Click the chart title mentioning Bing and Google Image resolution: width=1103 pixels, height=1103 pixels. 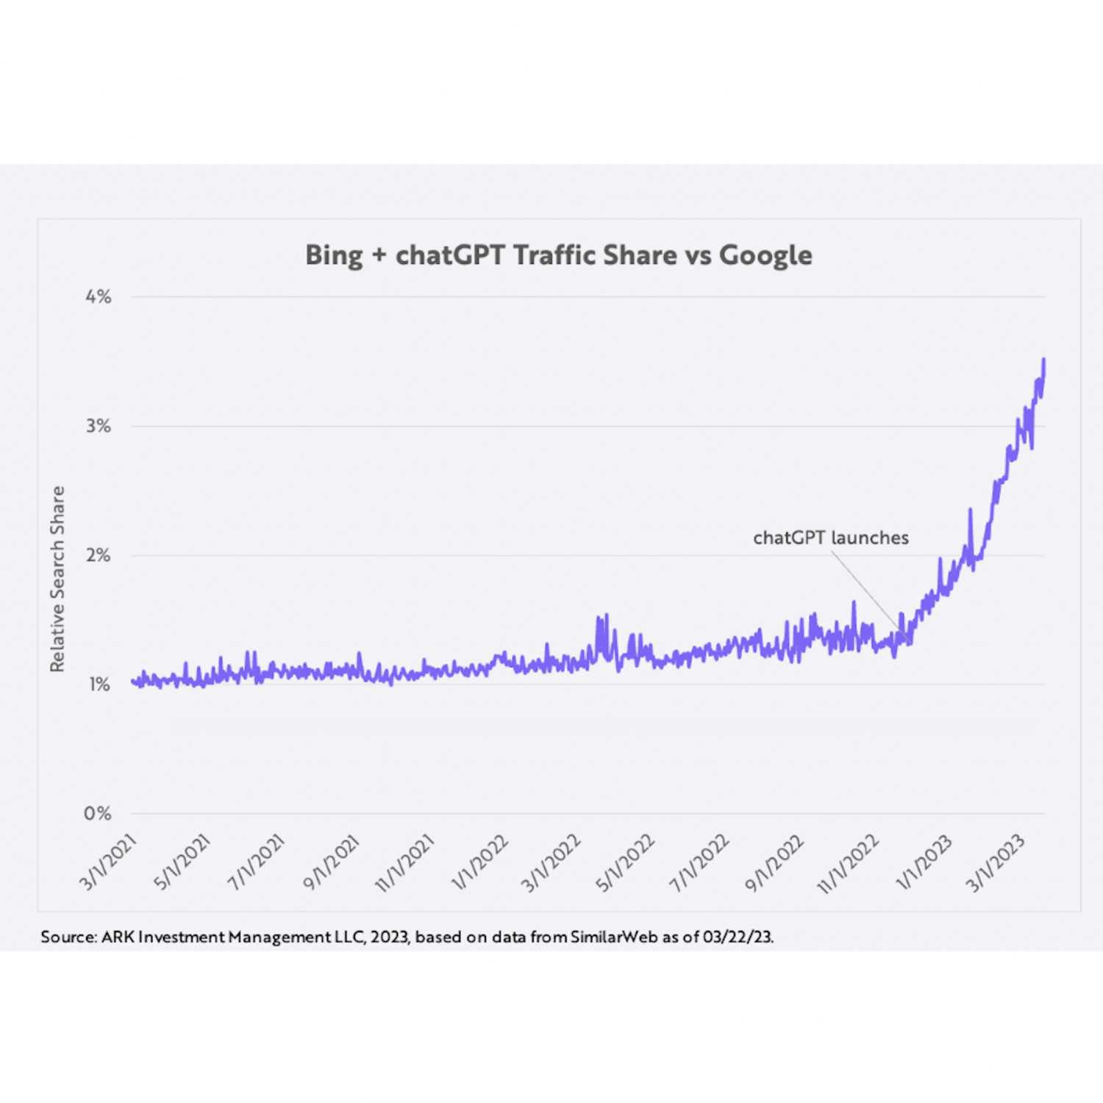[559, 255]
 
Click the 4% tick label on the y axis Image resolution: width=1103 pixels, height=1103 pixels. [98, 297]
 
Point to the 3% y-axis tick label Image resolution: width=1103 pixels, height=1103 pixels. [98, 426]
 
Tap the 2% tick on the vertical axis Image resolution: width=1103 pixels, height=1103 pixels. [98, 555]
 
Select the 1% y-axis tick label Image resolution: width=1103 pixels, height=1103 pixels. [99, 685]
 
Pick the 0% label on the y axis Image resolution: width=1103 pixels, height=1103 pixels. [97, 813]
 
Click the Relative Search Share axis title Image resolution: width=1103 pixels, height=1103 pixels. [57, 579]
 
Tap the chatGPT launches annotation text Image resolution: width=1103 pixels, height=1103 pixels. [831, 538]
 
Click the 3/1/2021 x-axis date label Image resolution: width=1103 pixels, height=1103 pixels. [109, 862]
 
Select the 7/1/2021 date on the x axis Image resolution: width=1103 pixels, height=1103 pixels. [257, 862]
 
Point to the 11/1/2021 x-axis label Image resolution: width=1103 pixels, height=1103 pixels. [405, 862]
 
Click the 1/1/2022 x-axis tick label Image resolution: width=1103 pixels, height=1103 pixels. [480, 862]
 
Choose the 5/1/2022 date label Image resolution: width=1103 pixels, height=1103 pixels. [626, 862]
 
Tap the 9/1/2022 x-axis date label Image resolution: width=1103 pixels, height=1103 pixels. [774, 862]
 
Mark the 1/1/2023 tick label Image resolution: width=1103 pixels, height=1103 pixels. [924, 862]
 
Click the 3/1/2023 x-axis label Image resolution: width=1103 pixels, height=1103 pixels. [996, 862]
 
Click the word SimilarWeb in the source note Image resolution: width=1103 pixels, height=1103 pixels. [614, 937]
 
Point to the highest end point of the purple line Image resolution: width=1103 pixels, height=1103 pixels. [1044, 360]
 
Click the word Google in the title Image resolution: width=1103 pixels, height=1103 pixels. [765, 256]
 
